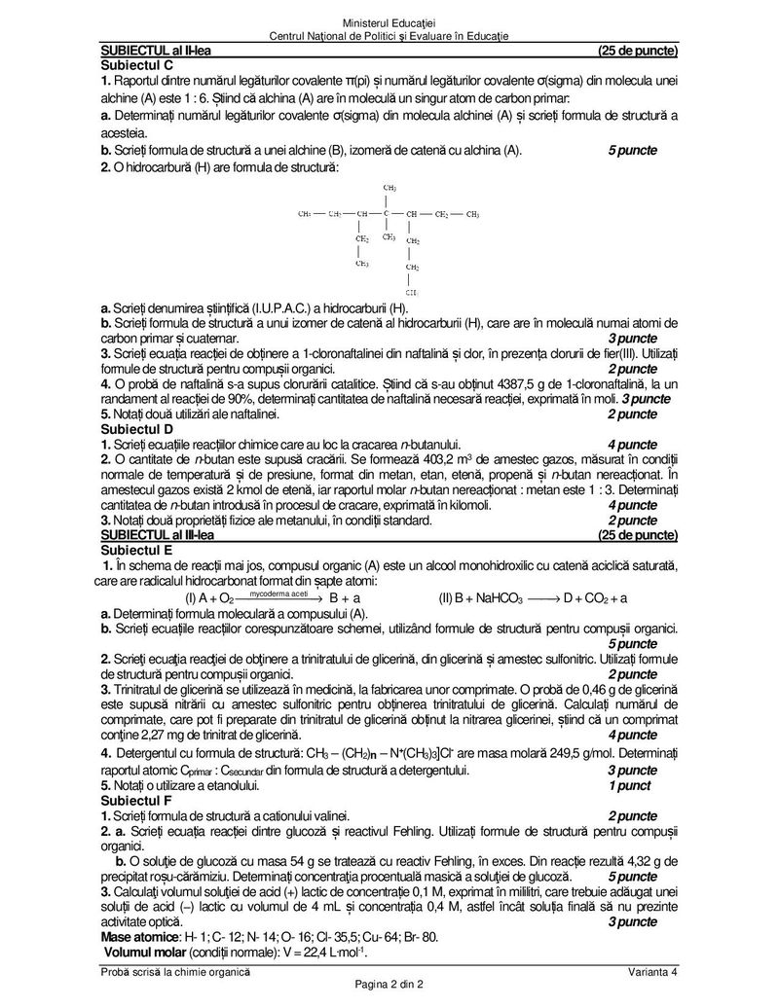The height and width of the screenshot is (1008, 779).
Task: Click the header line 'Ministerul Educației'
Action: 389,22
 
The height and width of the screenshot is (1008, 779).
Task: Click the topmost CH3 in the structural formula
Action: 389,187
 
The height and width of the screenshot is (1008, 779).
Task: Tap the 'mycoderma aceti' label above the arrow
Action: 278,592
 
